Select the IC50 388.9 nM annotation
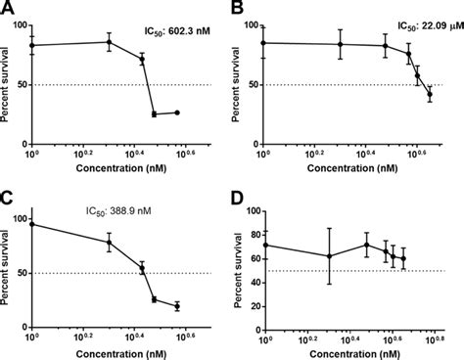coord(134,207)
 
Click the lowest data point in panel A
coord(155,114)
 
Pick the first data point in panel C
coord(32,224)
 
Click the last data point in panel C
coord(177,306)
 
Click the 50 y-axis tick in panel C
coord(22,272)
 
